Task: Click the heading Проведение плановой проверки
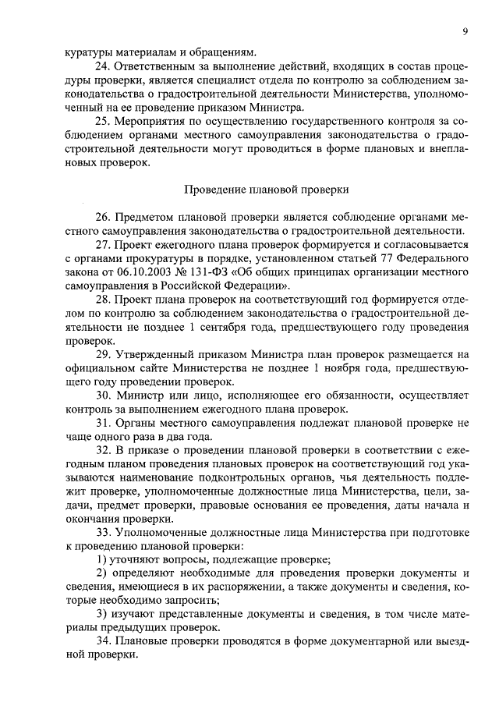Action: [x=266, y=190]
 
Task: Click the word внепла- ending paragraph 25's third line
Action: [x=447, y=149]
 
